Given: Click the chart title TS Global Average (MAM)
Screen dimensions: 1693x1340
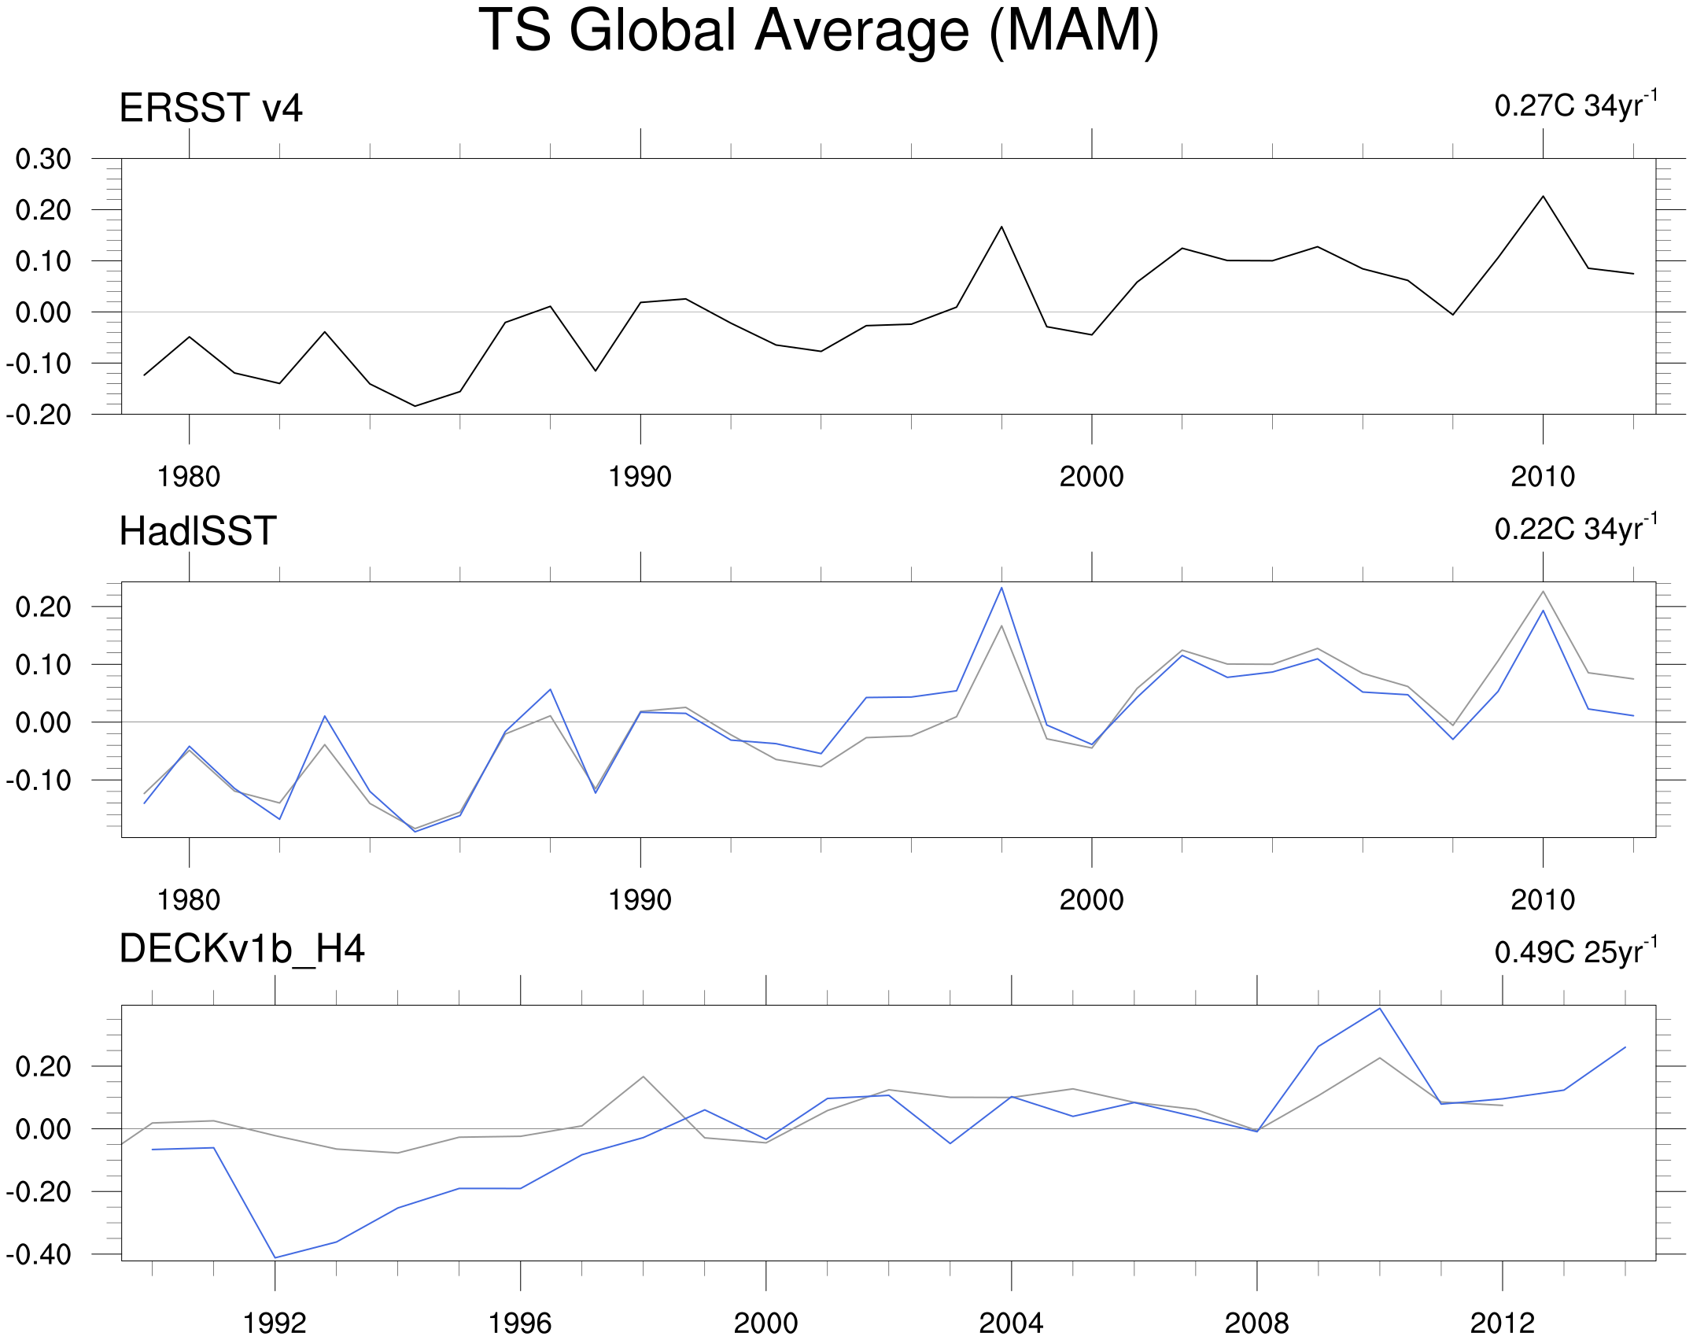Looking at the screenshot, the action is click(819, 31).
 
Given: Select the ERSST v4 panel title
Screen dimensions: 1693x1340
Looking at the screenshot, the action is click(211, 108).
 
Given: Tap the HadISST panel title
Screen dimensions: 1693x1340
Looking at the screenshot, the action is click(197, 531).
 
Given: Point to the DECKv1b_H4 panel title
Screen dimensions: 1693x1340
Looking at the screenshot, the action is click(242, 949).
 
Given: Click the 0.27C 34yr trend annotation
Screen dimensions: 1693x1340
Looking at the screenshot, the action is click(1576, 105).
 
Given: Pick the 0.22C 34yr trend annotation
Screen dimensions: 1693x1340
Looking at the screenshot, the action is click(1576, 528).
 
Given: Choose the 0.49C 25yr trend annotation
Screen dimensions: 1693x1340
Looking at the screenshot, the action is click(1576, 951).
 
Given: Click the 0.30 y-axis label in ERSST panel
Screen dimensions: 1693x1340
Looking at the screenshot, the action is click(43, 159).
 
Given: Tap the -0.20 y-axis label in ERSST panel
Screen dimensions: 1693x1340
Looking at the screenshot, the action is click(39, 415).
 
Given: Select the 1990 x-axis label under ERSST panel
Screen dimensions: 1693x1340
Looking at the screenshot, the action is click(640, 477).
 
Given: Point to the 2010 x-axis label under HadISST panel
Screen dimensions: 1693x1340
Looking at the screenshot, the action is click(1543, 900).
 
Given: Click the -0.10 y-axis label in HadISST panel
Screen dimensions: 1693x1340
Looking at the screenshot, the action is click(39, 781).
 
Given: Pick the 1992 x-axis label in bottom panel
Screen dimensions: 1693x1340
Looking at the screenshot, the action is click(275, 1323).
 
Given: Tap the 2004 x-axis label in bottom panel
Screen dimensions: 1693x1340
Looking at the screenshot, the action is click(1011, 1323).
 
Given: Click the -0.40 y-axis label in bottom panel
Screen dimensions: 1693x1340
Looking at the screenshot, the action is click(39, 1254).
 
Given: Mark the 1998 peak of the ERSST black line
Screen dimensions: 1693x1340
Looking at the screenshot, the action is click(1001, 227).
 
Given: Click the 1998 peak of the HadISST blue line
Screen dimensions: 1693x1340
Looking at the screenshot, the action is click(1001, 588).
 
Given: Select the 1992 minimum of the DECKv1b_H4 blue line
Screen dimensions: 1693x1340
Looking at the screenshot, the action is click(275, 1257).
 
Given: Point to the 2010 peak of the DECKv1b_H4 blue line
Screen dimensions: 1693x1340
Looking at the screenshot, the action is click(1380, 1009).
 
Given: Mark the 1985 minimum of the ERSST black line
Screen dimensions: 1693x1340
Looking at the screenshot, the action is click(415, 406).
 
